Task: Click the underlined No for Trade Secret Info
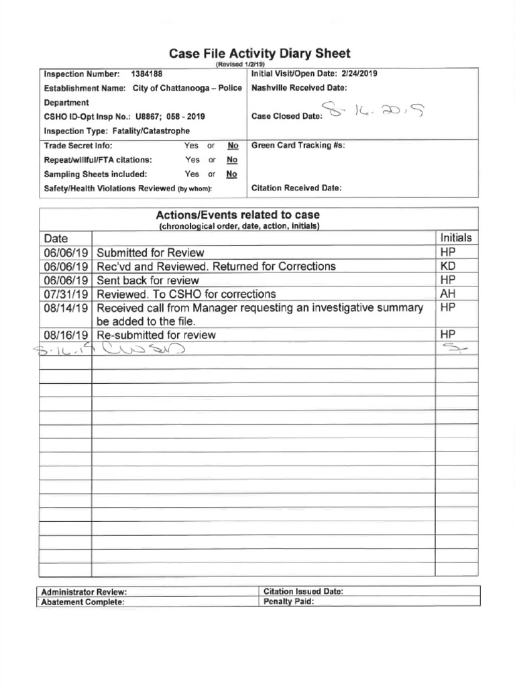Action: (x=233, y=146)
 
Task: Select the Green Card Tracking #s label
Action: (x=298, y=146)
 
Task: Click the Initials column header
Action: (x=456, y=238)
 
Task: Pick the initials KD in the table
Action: (x=449, y=266)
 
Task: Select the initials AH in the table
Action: (x=448, y=294)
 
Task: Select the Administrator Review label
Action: (x=84, y=592)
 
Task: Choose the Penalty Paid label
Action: (x=289, y=601)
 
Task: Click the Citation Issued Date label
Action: (x=304, y=592)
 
